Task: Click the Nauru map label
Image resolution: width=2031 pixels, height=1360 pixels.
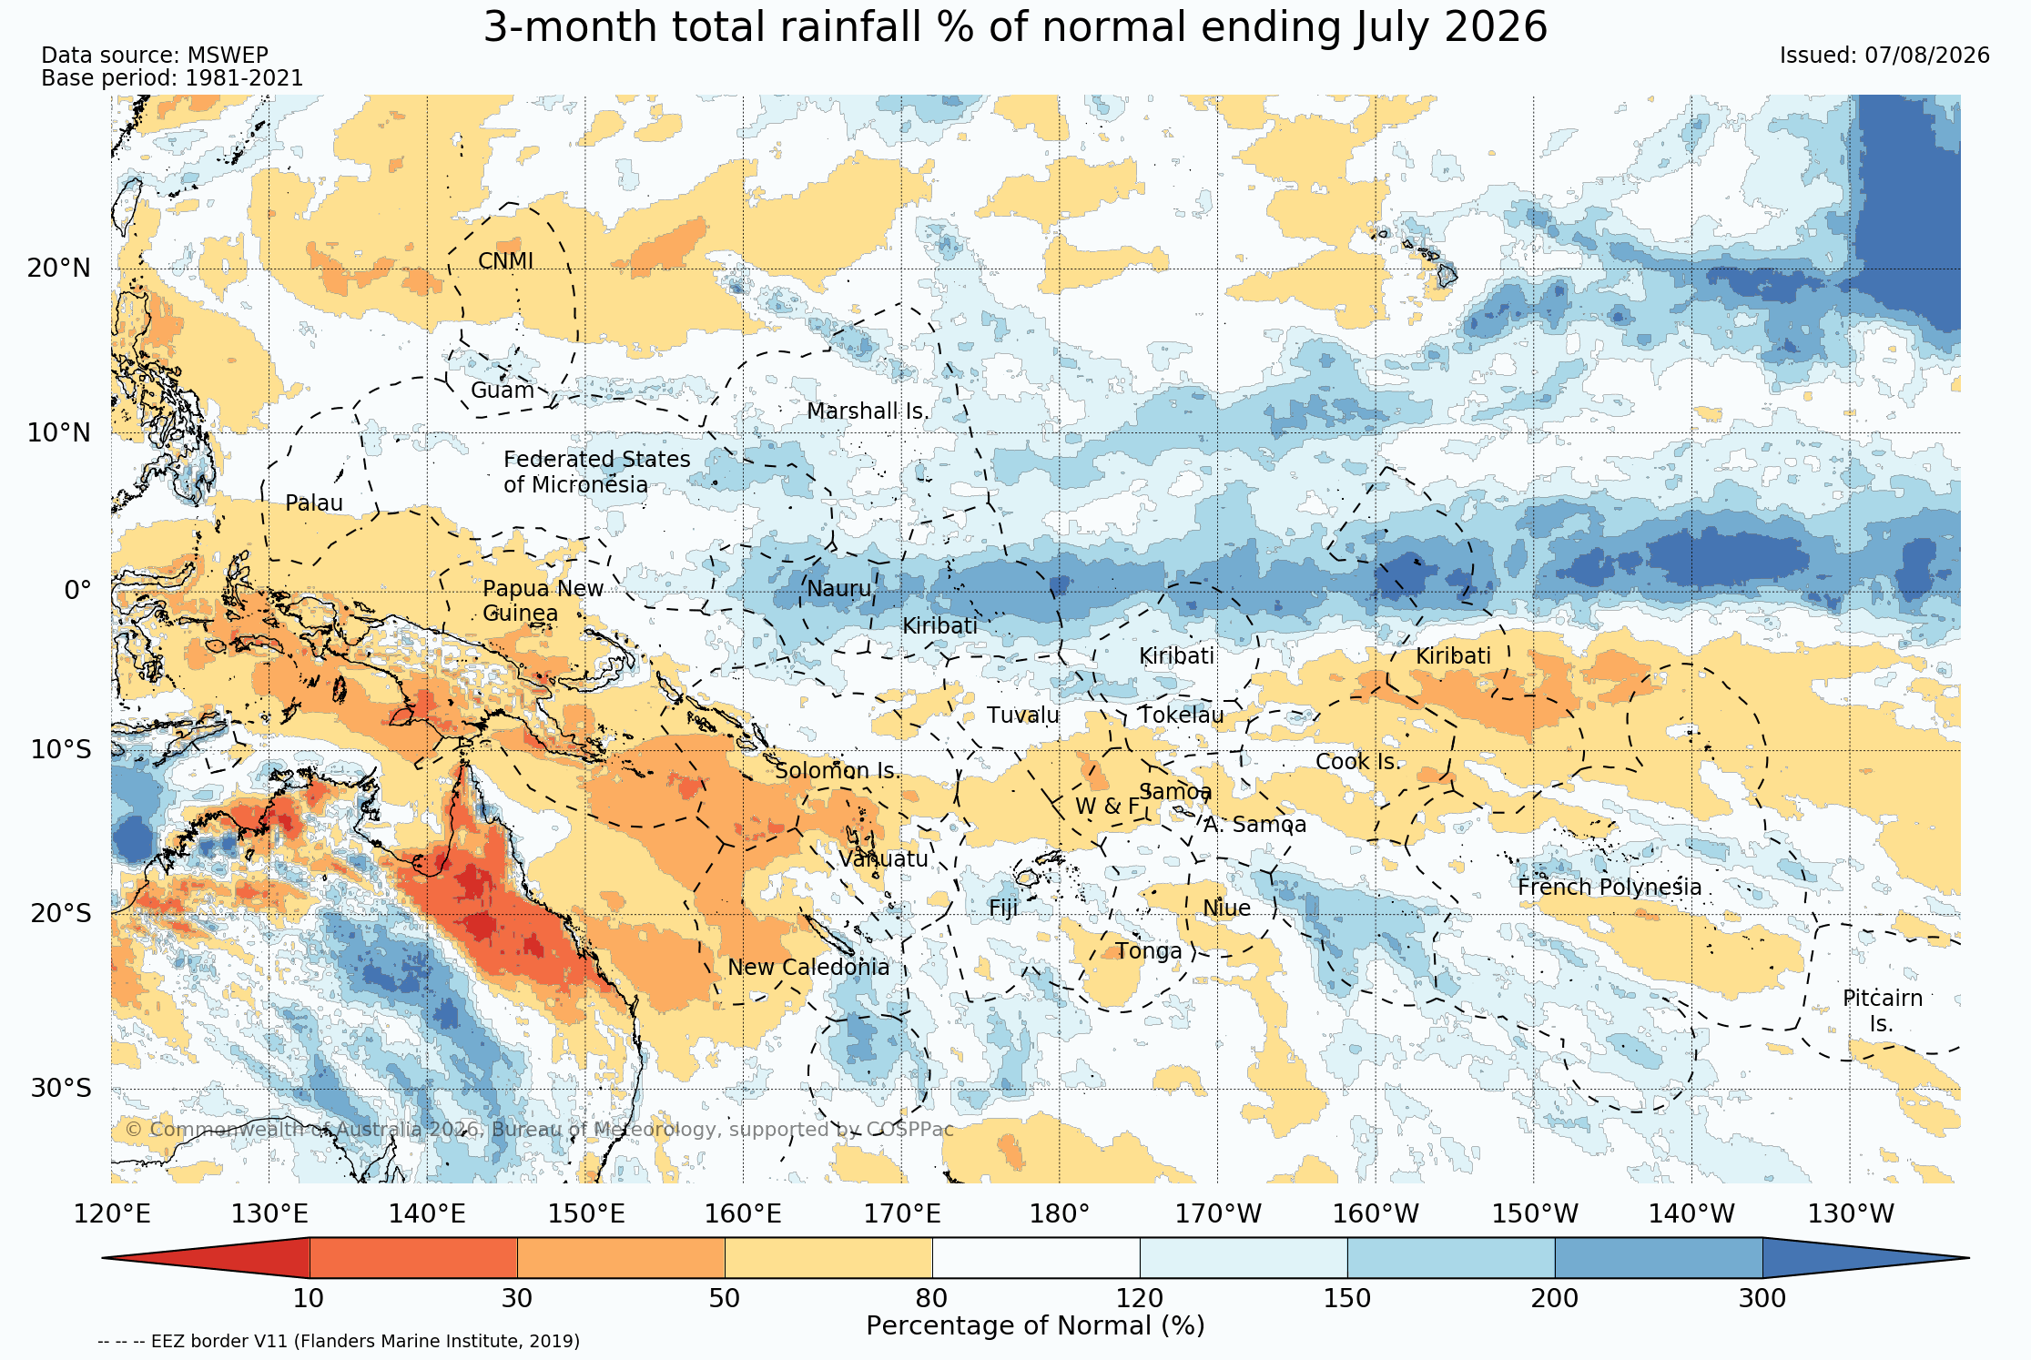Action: [x=838, y=589]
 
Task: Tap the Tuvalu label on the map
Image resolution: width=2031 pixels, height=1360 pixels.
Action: [x=1023, y=716]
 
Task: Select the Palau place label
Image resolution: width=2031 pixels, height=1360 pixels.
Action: [x=314, y=503]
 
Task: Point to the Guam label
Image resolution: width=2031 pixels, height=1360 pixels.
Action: [x=503, y=391]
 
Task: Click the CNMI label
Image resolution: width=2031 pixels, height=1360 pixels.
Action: [x=506, y=261]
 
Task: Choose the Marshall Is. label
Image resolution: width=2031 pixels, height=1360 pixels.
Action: [x=868, y=411]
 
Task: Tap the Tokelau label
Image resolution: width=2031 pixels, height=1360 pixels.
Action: [x=1182, y=716]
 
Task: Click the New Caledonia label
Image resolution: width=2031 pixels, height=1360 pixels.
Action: [x=808, y=967]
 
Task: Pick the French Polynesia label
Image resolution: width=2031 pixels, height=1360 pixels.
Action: [x=1610, y=887]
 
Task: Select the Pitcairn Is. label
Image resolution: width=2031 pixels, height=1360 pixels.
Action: [x=1883, y=1010]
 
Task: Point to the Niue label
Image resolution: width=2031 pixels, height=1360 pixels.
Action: [x=1226, y=908]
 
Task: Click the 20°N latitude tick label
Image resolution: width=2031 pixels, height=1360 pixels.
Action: [x=59, y=269]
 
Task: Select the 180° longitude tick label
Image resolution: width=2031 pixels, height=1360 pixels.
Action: [x=1059, y=1214]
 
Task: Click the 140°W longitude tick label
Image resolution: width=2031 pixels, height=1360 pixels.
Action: [x=1691, y=1214]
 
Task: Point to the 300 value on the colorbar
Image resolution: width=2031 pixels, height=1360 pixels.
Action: [x=1762, y=1298]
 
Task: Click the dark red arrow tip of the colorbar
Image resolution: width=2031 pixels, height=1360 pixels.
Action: [x=103, y=1258]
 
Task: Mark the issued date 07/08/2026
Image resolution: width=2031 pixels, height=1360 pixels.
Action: [x=1927, y=56]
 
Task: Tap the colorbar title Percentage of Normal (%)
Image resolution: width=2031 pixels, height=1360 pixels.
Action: [x=1035, y=1326]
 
